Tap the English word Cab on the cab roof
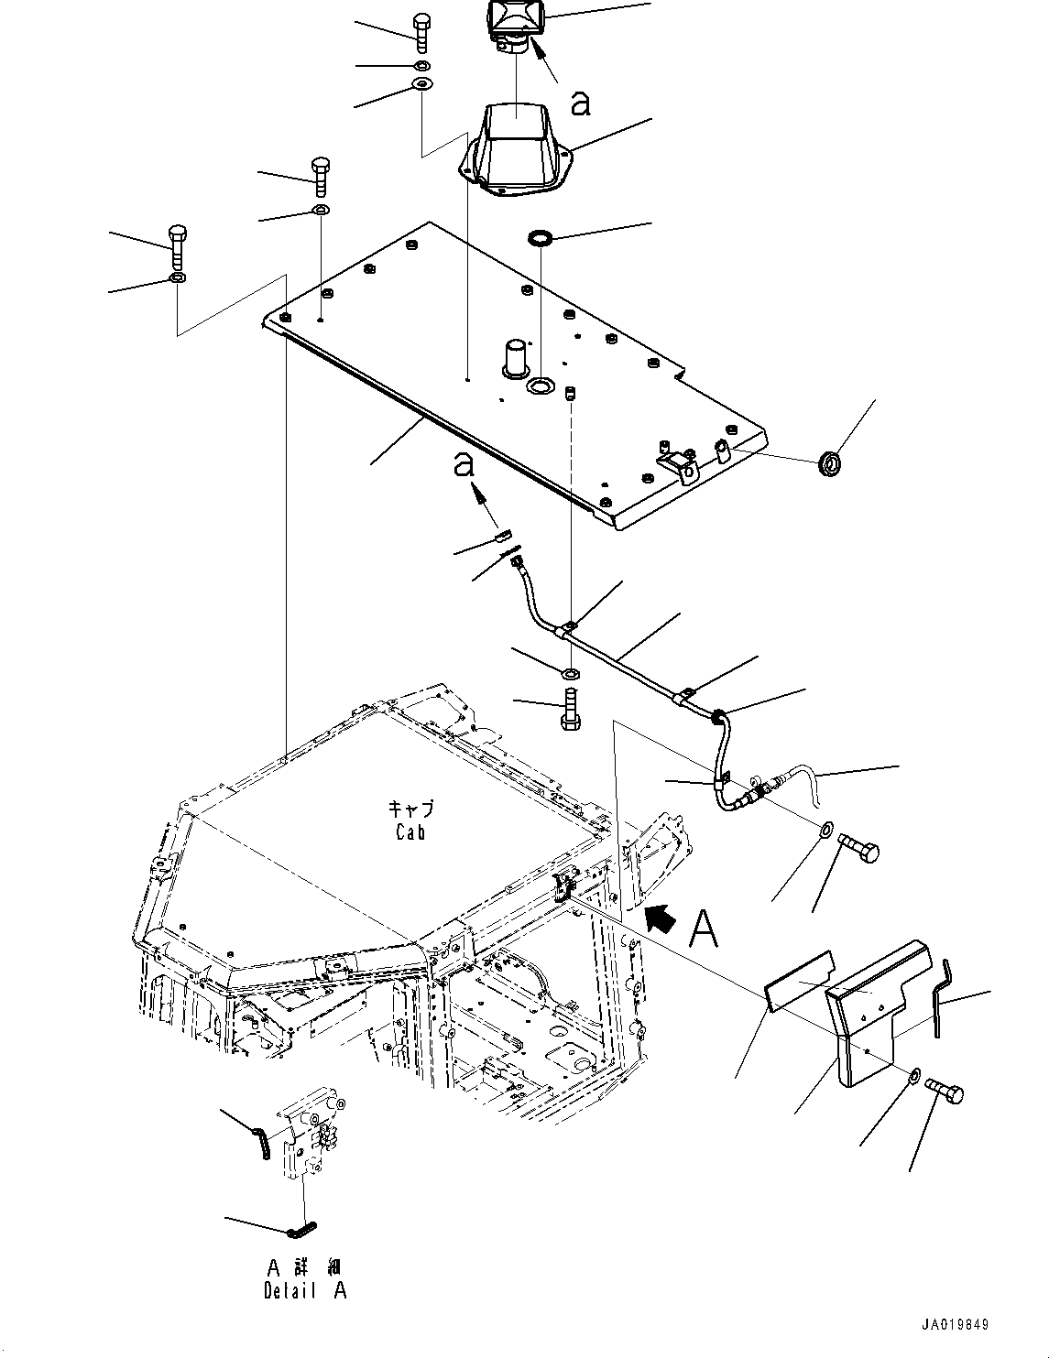point(410,832)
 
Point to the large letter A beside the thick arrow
point(704,929)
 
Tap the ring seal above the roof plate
point(541,237)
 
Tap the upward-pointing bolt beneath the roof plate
point(571,709)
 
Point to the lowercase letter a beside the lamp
point(581,103)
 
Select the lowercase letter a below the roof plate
point(464,465)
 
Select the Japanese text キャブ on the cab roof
point(410,809)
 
